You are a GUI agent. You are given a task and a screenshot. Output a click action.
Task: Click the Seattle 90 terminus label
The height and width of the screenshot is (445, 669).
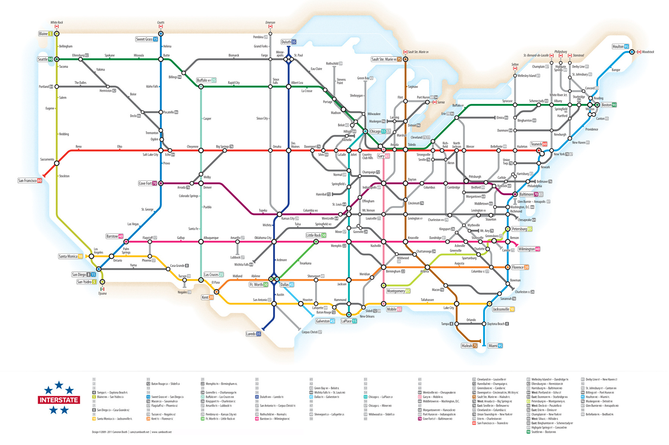[45, 59]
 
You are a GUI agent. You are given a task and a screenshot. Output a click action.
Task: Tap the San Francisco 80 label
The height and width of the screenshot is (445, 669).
[30, 180]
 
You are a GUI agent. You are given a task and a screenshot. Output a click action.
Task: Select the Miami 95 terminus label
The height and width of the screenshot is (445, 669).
[495, 346]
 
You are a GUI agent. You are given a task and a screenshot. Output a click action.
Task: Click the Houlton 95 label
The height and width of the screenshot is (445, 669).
[620, 47]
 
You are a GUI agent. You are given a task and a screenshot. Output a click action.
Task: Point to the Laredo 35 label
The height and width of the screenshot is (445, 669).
[253, 334]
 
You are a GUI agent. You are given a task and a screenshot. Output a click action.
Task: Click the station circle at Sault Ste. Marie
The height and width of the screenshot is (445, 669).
[405, 59]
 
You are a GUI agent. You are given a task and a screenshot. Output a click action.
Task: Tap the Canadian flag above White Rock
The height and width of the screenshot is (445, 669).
[57, 27]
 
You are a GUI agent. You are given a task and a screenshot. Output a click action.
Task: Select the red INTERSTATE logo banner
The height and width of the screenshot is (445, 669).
[59, 400]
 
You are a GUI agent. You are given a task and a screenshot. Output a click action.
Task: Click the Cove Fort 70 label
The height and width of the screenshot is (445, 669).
[148, 183]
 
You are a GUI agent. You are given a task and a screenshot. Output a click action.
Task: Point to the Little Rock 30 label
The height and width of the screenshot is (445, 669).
[316, 235]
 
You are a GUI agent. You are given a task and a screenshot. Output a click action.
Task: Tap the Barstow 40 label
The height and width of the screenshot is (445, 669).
[115, 236]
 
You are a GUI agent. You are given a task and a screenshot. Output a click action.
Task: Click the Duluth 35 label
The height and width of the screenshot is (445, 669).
[289, 42]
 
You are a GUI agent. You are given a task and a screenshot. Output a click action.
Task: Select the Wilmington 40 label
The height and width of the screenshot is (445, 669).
[529, 249]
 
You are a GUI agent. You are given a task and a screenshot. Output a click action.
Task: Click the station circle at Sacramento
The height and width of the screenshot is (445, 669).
[57, 163]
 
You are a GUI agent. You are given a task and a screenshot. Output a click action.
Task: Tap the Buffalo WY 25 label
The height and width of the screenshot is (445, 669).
[206, 80]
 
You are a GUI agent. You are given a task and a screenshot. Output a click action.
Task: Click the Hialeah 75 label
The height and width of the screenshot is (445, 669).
[469, 346]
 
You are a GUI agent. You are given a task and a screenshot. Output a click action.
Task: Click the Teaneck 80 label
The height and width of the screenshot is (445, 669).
[539, 144]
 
